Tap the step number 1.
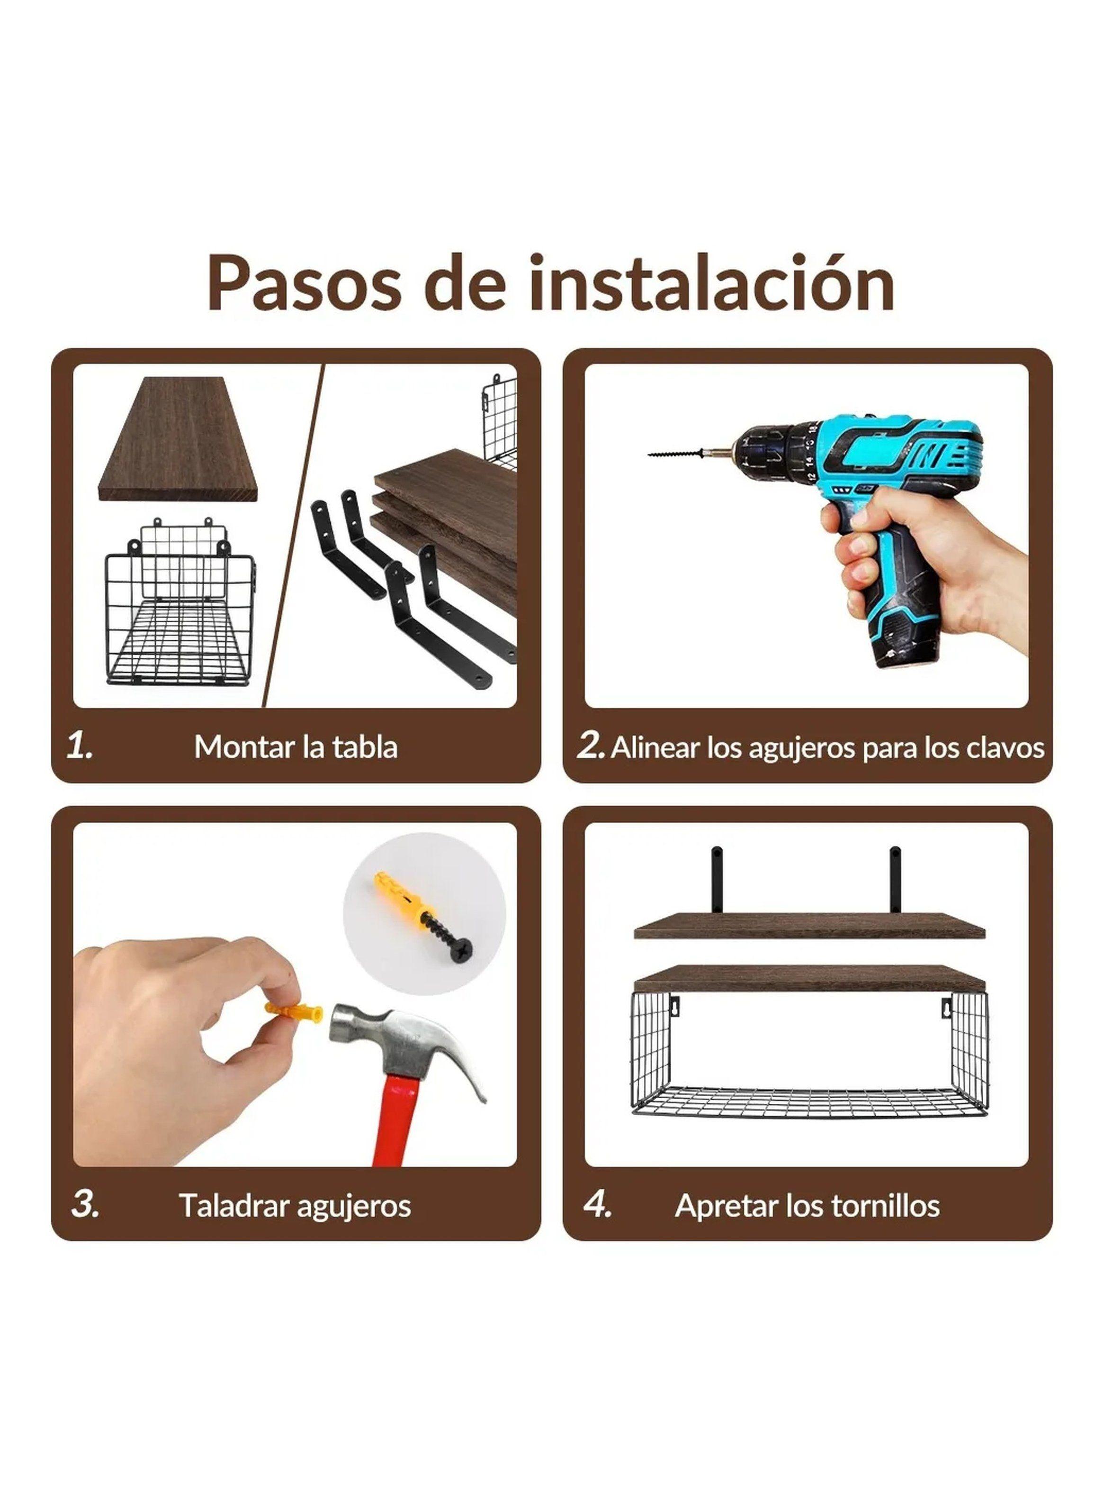coord(80,746)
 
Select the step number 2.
coord(590,746)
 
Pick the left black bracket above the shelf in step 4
coord(717,879)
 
